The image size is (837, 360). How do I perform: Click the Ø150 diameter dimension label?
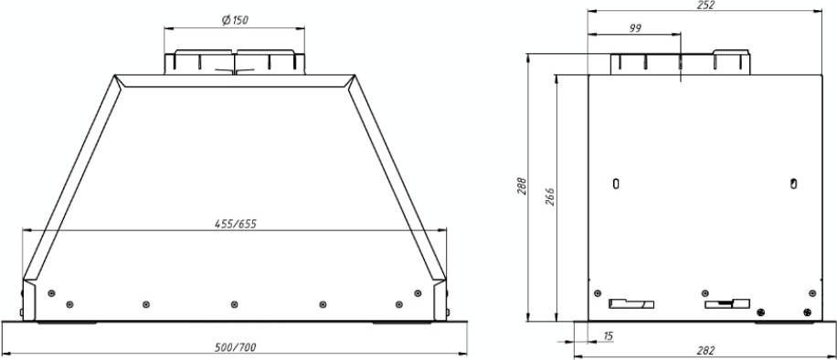pyautogui.click(x=235, y=20)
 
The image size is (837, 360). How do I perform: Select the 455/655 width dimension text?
pyautogui.click(x=236, y=224)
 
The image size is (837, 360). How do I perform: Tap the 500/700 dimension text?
pyautogui.click(x=235, y=347)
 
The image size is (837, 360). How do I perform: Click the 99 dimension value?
pyautogui.click(x=634, y=29)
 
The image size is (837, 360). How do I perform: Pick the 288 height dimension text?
pyautogui.click(x=522, y=185)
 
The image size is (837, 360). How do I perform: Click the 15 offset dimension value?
pyautogui.click(x=608, y=335)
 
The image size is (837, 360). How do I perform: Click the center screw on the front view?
pyautogui.click(x=234, y=304)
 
